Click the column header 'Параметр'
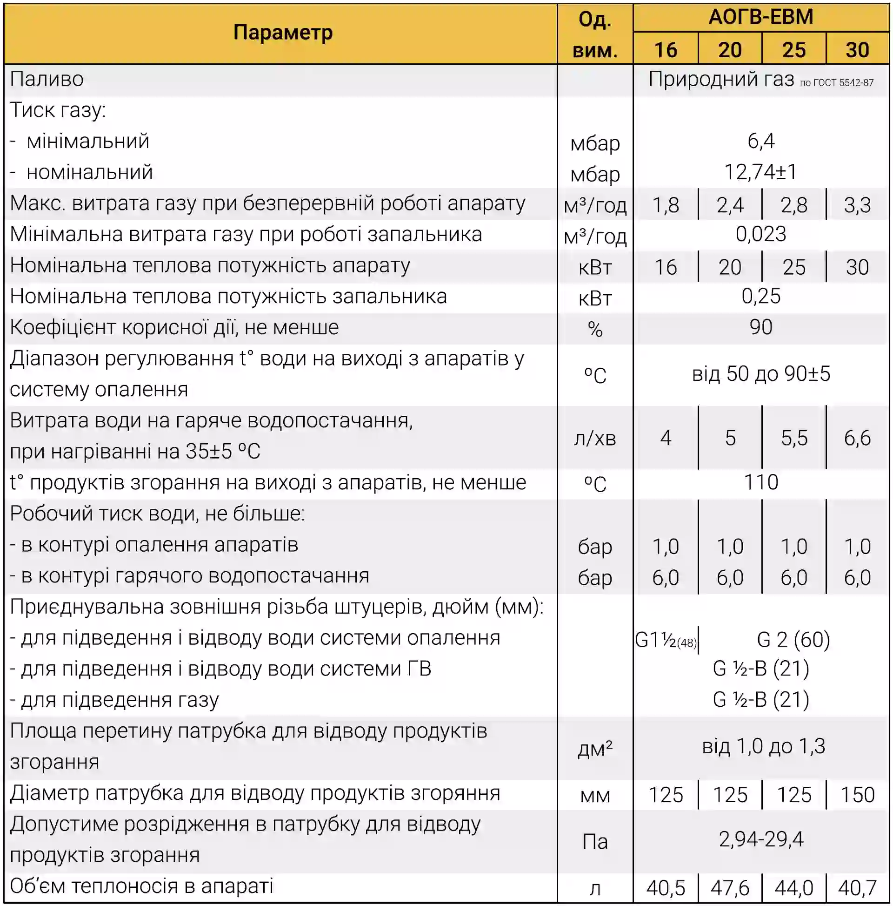282,33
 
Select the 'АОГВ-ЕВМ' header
760,17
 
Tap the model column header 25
793,50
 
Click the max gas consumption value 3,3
857,205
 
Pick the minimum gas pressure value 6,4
761,141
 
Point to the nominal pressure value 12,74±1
760,172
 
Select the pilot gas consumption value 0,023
760,234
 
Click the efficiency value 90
760,327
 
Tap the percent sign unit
594,329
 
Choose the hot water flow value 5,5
793,438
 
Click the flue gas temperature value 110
761,482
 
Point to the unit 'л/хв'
594,439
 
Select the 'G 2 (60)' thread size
793,640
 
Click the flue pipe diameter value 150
857,795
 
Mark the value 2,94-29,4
761,839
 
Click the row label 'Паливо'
47,79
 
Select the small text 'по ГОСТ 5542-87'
836,83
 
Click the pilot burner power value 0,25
761,297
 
